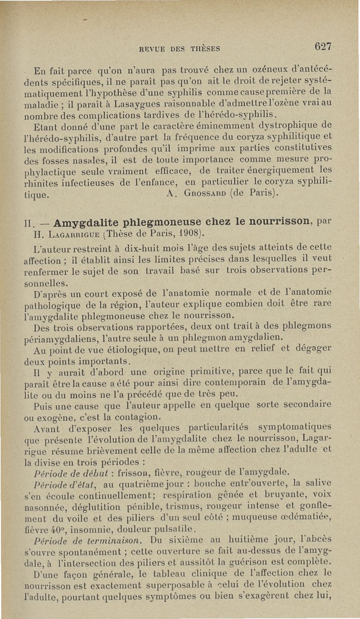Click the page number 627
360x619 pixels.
pyautogui.click(x=323, y=46)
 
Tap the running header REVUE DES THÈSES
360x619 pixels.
pyautogui.click(x=180, y=49)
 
